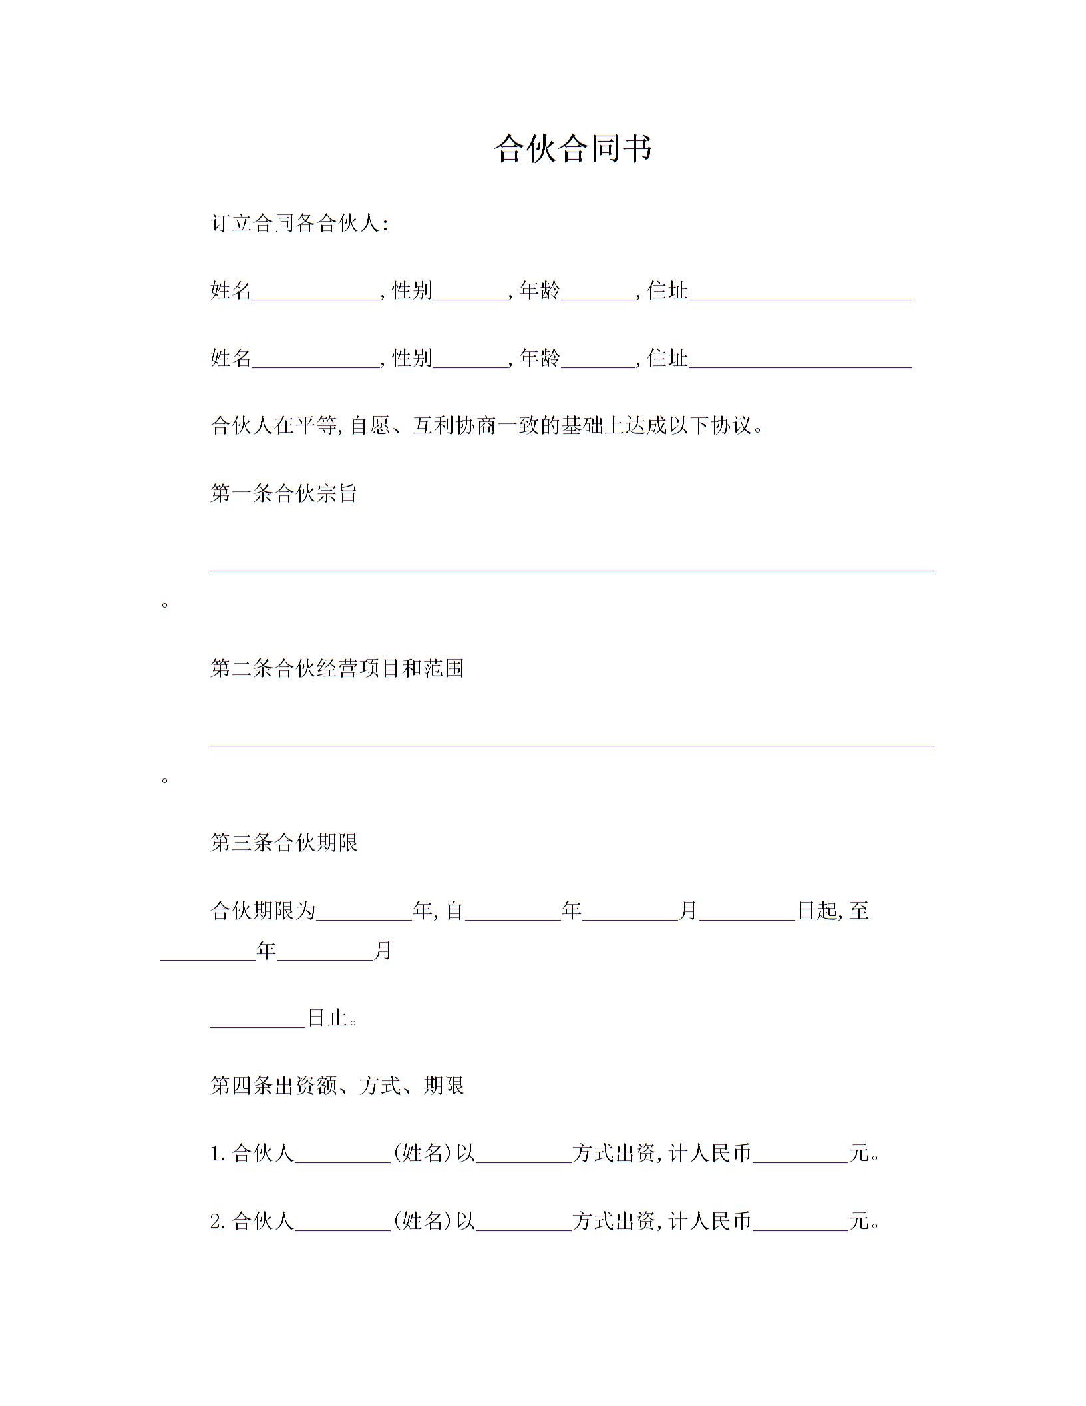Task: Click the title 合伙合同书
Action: point(573,148)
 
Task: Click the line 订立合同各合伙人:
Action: point(299,223)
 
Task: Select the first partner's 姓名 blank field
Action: point(315,293)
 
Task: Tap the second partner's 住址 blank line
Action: point(800,361)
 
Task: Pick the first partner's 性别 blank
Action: point(470,293)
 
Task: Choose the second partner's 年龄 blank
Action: point(598,361)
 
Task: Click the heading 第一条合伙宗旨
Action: point(284,493)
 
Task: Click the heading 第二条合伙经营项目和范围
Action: point(337,668)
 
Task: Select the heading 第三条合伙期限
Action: point(284,843)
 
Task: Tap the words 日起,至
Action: point(833,911)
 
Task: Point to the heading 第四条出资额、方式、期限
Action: point(337,1086)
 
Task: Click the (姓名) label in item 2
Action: point(423,1221)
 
